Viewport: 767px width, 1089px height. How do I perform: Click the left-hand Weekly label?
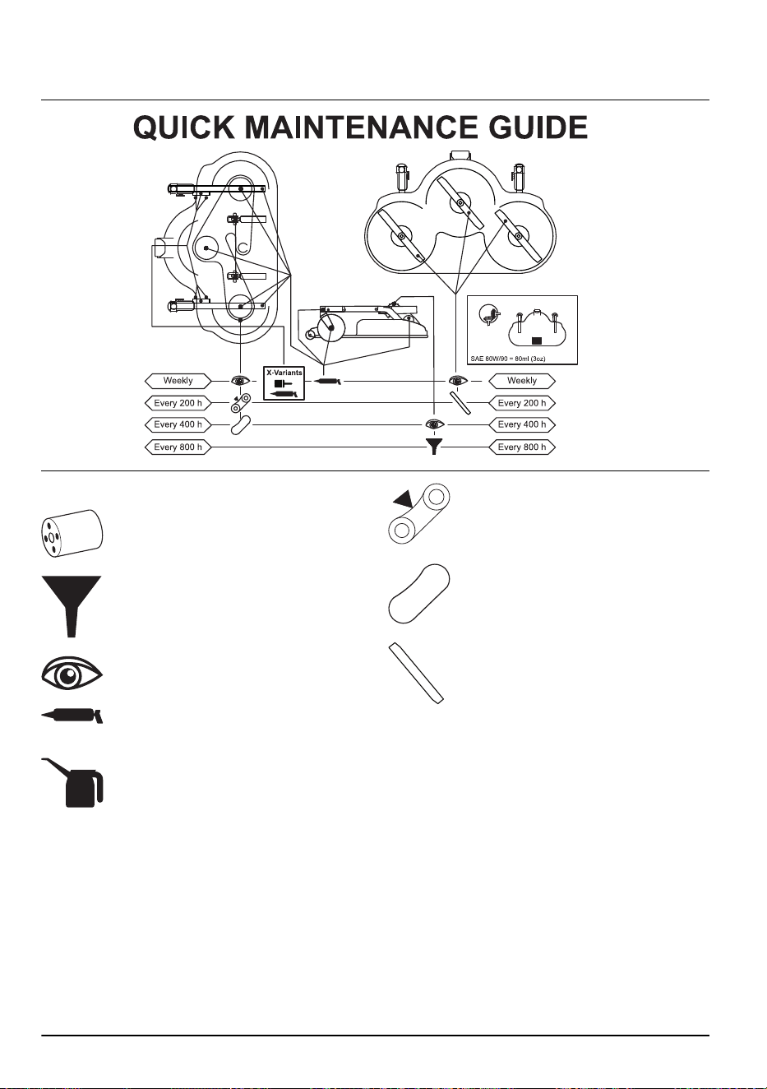tap(178, 381)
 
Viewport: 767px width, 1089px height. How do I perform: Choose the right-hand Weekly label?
tap(521, 381)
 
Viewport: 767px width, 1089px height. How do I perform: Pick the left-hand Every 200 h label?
tap(178, 403)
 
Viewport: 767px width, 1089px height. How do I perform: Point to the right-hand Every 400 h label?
tap(521, 424)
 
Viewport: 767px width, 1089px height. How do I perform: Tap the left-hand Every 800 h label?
tap(178, 447)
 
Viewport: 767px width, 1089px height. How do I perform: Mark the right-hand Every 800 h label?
tap(521, 447)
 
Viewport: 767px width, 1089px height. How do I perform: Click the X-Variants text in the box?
tap(284, 373)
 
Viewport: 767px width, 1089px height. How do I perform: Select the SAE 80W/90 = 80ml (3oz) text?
tap(507, 359)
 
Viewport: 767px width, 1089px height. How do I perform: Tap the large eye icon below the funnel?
tap(72, 674)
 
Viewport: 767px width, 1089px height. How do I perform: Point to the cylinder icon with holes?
tap(72, 533)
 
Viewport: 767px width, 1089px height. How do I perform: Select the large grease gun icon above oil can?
tap(72, 716)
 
